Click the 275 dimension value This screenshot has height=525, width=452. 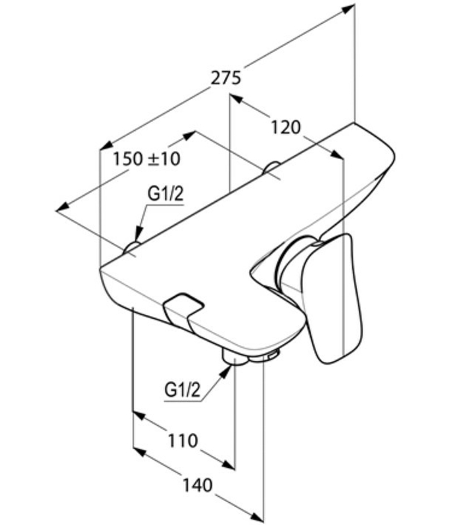coord(226,77)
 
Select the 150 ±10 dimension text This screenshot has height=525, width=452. coord(147,158)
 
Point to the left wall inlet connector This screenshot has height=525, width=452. coord(132,248)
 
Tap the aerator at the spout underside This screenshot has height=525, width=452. coord(270,355)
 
